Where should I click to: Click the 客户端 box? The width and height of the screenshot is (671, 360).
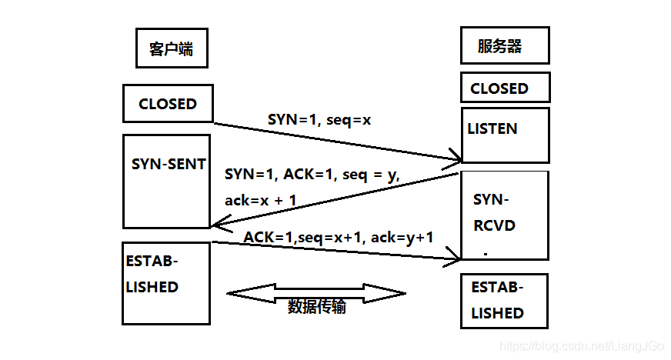click(171, 49)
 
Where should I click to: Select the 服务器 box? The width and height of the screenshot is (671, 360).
click(504, 45)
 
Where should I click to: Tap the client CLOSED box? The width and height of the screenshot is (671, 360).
click(168, 104)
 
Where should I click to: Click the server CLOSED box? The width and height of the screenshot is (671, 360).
click(505, 88)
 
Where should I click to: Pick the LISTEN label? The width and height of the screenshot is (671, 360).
click(492, 129)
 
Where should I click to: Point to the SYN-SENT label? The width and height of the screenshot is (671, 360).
click(169, 164)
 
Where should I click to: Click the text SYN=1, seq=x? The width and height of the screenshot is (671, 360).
click(319, 120)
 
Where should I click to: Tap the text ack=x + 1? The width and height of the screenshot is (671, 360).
click(261, 200)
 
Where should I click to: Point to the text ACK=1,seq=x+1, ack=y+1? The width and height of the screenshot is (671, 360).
click(339, 238)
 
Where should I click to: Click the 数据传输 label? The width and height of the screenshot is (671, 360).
click(317, 307)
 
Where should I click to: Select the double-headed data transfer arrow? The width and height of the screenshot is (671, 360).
click(316, 292)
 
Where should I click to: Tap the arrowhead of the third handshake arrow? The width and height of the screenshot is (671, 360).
click(455, 261)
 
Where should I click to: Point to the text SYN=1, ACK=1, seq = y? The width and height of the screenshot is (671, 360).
click(312, 175)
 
